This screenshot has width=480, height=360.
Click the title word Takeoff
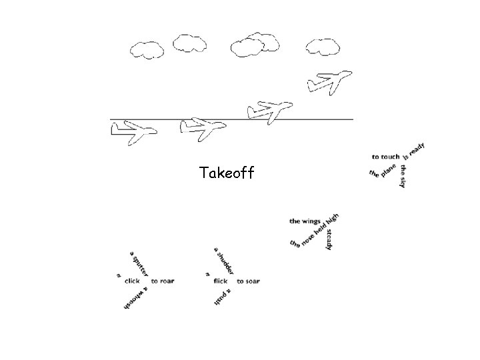click(226, 174)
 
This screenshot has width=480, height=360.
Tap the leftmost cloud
click(147, 49)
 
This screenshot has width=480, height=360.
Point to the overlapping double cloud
click(254, 43)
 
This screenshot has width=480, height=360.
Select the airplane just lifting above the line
click(269, 110)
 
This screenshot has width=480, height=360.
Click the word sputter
click(141, 264)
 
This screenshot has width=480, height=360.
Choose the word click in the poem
click(132, 281)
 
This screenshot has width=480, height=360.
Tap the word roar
click(166, 281)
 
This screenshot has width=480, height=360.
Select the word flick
click(220, 281)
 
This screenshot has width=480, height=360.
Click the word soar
click(252, 281)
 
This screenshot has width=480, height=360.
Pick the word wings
click(310, 221)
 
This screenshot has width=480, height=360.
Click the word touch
click(390, 157)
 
